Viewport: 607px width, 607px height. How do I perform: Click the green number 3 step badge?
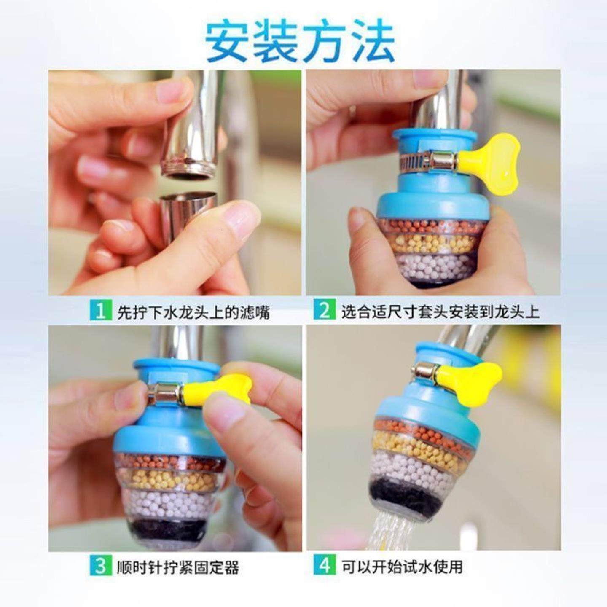point(100,566)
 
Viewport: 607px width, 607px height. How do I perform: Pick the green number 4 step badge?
point(324,566)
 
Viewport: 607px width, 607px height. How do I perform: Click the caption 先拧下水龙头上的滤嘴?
point(193,312)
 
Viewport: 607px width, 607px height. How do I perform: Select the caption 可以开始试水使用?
point(402,567)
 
